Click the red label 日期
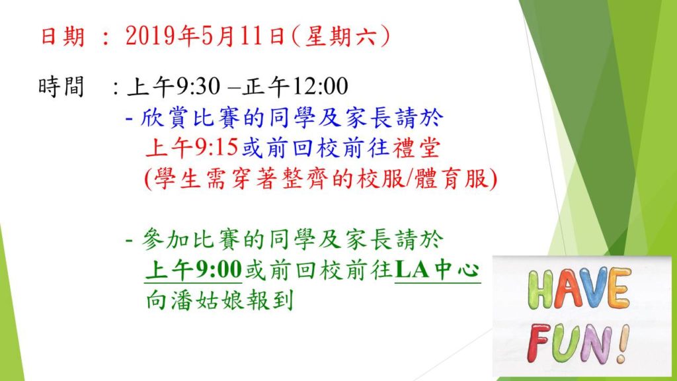click(62, 36)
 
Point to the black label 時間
click(61, 87)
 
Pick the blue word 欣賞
click(163, 118)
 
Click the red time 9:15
click(216, 148)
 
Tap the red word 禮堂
click(417, 148)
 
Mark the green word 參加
click(164, 239)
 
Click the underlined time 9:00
click(218, 270)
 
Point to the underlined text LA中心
click(438, 270)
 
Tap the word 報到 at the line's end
click(270, 300)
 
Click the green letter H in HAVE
click(540, 289)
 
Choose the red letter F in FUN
click(540, 344)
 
